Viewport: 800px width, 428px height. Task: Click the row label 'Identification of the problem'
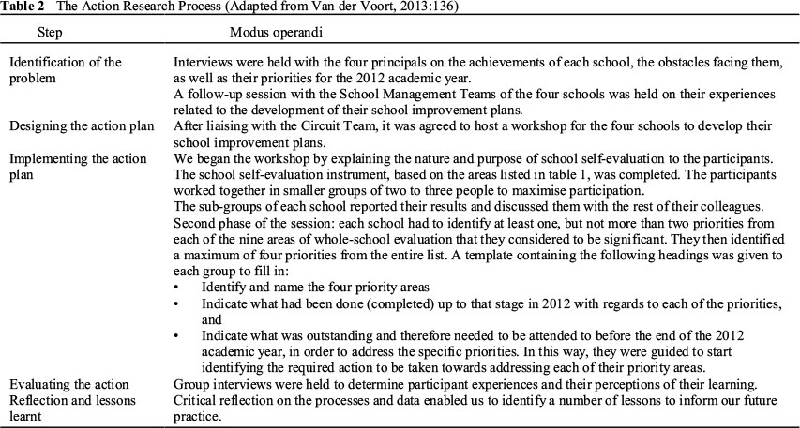tap(66, 70)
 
